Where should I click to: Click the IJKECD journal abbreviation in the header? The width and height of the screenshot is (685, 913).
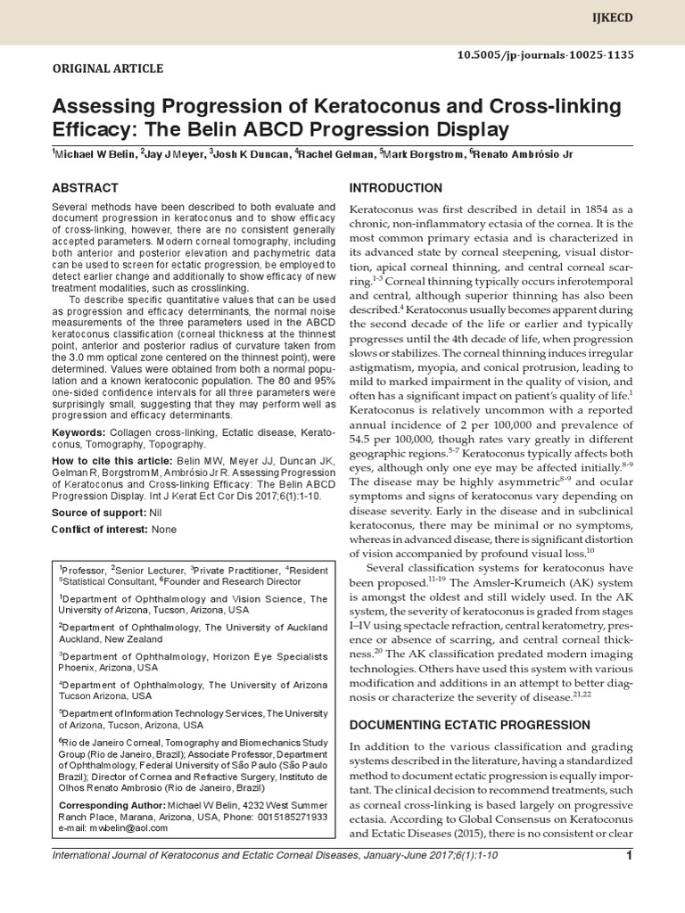tap(655, 17)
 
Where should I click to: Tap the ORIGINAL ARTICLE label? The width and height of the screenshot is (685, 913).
tap(108, 69)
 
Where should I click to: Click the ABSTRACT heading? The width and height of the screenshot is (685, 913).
tap(85, 188)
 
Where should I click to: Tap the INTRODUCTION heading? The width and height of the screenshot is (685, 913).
tap(394, 188)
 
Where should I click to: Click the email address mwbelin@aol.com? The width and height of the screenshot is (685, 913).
tap(127, 827)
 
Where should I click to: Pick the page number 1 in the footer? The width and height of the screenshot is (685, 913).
tap(629, 857)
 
